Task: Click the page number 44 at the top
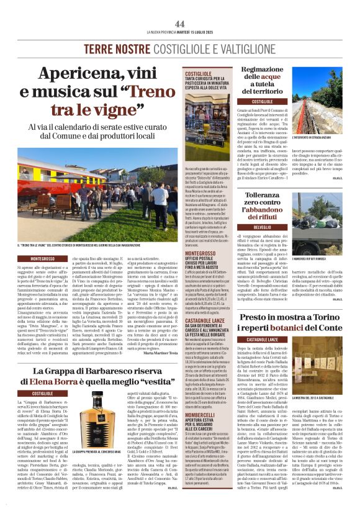point(180,24)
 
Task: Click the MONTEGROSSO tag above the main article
point(47,258)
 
